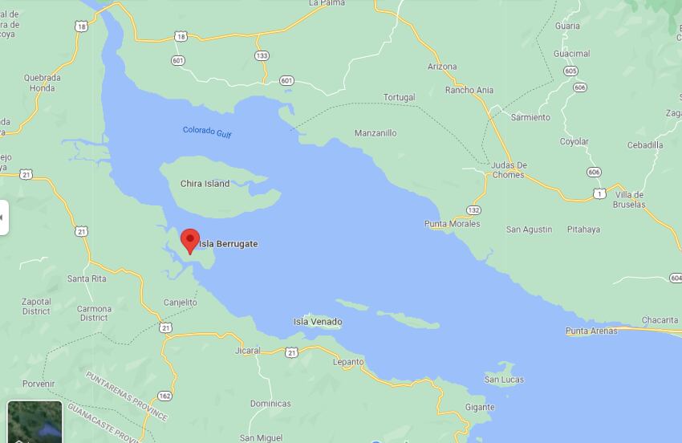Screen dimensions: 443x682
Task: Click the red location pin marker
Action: (x=189, y=240)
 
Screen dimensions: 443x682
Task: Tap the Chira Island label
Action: (x=205, y=184)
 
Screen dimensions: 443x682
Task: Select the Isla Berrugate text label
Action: (x=229, y=244)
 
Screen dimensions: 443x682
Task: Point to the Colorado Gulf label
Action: (x=207, y=132)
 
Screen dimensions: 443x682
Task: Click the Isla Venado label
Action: (x=318, y=322)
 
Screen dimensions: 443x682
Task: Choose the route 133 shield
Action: (x=262, y=55)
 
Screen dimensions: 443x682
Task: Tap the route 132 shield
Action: (x=473, y=210)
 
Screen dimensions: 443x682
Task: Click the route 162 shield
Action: (x=164, y=396)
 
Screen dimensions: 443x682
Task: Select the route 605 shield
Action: (x=570, y=71)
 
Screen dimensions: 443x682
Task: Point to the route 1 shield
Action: (x=599, y=193)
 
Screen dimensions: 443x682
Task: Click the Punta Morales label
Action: (x=453, y=224)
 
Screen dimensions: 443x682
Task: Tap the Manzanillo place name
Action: (x=376, y=133)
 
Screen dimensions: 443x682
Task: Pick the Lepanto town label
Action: (x=348, y=362)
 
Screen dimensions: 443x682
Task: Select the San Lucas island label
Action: (x=504, y=379)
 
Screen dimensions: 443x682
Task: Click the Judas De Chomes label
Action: (x=509, y=170)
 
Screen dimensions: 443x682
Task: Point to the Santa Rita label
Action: (x=87, y=279)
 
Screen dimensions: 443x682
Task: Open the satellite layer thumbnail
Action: (x=35, y=421)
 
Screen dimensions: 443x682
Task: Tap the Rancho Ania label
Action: (x=469, y=91)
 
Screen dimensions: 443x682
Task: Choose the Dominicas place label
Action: (x=270, y=404)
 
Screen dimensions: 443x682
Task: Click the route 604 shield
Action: (x=675, y=278)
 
